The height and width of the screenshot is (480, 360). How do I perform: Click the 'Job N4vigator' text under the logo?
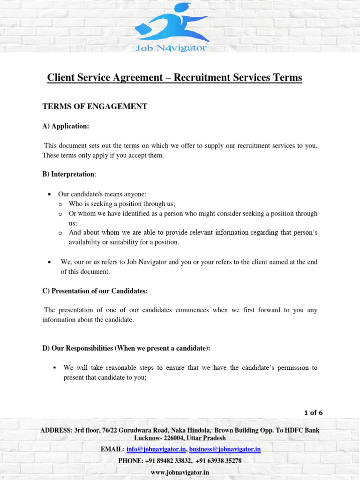pyautogui.click(x=171, y=48)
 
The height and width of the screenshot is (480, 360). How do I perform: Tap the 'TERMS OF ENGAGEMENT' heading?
pyautogui.click(x=95, y=106)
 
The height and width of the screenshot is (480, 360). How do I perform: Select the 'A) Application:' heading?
pyautogui.click(x=66, y=126)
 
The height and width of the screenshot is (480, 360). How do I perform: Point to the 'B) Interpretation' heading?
pyautogui.click(x=68, y=174)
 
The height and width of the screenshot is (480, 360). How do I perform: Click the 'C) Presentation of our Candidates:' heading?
pyautogui.click(x=95, y=291)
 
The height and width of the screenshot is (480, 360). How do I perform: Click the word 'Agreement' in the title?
pyautogui.click(x=138, y=77)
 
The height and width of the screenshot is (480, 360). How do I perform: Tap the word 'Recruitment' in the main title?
pyautogui.click(x=202, y=77)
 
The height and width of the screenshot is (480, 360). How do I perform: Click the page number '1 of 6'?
pyautogui.click(x=314, y=413)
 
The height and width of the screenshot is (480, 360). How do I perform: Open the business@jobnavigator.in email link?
pyautogui.click(x=225, y=450)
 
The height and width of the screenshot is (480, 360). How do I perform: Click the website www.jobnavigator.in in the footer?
pyautogui.click(x=180, y=472)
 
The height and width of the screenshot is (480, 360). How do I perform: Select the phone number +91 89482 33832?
pyautogui.click(x=167, y=461)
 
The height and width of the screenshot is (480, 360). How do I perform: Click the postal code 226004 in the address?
pyautogui.click(x=173, y=438)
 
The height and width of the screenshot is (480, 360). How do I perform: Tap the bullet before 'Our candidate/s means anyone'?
pyautogui.click(x=50, y=194)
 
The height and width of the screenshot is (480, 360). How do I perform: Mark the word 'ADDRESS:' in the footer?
pyautogui.click(x=53, y=430)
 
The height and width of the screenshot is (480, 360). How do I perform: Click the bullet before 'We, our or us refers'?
pyautogui.click(x=50, y=262)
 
